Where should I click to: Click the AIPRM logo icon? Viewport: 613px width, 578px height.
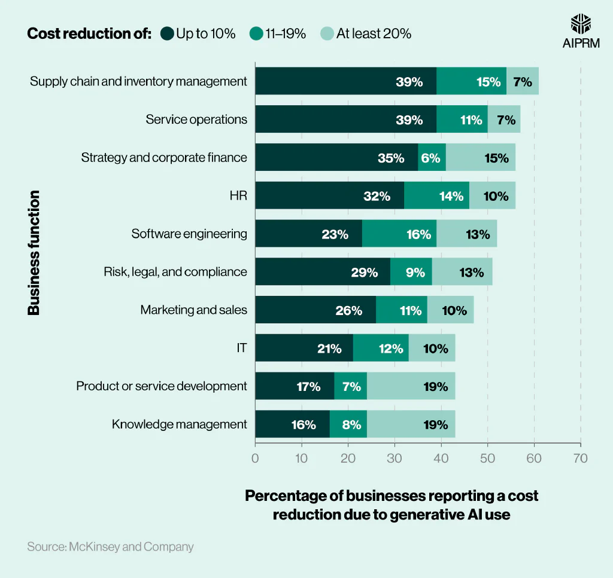581,24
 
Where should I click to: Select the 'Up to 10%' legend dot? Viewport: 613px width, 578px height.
167,33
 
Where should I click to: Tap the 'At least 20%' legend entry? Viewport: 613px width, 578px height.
366,33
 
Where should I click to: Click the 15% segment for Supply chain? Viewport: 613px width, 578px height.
472,81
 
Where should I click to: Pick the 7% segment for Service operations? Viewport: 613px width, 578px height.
504,120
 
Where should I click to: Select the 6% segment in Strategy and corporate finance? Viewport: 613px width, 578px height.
432,158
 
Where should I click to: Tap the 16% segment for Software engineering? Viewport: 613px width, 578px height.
402,234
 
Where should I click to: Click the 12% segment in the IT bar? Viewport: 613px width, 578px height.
381,348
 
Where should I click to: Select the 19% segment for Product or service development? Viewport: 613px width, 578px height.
411,386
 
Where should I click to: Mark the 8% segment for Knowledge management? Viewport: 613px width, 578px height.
348,424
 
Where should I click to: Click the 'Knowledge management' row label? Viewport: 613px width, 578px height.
179,424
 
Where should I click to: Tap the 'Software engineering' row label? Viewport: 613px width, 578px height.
189,234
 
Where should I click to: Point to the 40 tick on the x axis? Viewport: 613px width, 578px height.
441,458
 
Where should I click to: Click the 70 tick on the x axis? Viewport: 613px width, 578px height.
581,458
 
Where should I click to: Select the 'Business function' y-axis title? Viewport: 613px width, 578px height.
34,252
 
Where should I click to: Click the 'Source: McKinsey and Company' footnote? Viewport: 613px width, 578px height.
110,546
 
